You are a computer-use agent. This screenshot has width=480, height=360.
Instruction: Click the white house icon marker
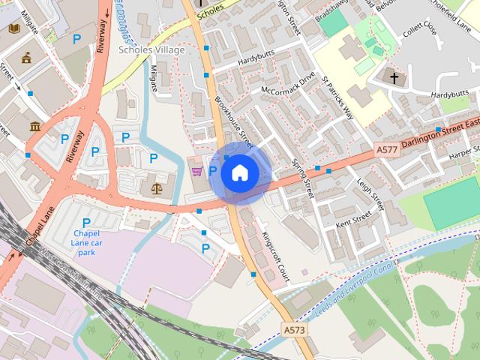click(x=239, y=173)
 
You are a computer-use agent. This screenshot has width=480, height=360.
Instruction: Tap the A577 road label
click(x=387, y=150)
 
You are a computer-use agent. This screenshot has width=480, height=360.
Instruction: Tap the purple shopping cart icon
click(x=196, y=171)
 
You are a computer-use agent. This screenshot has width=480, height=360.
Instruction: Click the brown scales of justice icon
click(x=156, y=187)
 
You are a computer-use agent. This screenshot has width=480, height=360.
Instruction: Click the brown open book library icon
click(x=13, y=28)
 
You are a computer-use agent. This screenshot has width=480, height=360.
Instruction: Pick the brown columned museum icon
click(x=34, y=126)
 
